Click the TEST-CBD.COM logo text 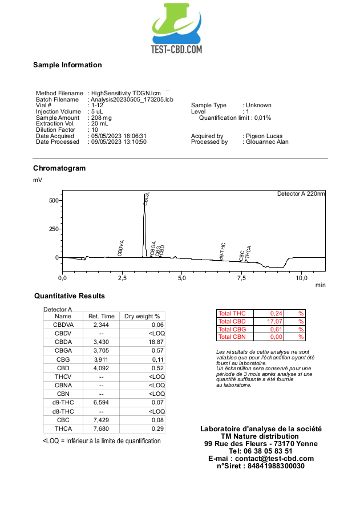[176, 50]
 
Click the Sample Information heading [67, 65]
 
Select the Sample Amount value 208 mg [102, 118]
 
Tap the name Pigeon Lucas [264, 136]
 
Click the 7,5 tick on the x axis [241, 278]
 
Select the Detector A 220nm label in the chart [301, 194]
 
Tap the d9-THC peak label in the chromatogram [223, 252]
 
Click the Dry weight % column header [142, 316]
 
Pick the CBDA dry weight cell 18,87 [155, 341]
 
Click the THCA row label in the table [63, 428]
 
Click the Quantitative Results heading [70, 296]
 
